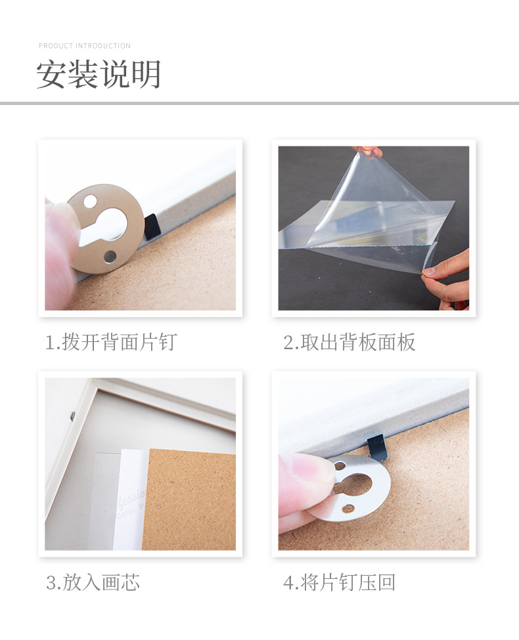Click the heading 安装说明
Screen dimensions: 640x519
pos(99,74)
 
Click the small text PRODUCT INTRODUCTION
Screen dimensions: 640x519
pos(85,46)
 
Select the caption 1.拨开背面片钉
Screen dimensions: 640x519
pos(111,342)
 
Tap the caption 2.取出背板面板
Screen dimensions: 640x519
pos(350,342)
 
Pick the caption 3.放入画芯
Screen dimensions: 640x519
pos(93,582)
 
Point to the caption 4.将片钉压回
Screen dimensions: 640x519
pos(340,582)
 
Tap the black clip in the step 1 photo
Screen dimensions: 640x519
pos(152,226)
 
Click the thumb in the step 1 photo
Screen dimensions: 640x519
pos(60,249)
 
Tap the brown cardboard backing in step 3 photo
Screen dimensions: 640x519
pos(191,499)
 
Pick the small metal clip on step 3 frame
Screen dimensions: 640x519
pos(72,416)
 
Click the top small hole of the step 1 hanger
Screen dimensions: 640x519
pos(90,200)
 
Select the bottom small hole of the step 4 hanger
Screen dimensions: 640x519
pos(348,509)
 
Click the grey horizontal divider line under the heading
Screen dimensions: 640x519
pos(259,103)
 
